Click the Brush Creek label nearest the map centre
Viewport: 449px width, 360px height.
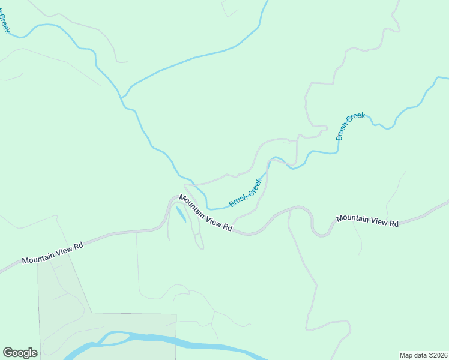point(247,193)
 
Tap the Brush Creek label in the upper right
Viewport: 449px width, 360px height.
point(351,127)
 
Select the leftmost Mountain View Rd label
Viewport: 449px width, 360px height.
point(52,253)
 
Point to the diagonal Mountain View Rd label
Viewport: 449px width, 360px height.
point(205,213)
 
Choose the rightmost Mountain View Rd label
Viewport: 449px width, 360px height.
point(367,221)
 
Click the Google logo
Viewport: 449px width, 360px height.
point(20,353)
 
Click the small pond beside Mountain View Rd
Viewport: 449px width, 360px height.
point(181,215)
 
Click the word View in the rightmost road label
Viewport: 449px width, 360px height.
point(376,221)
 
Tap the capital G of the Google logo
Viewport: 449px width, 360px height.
point(8,353)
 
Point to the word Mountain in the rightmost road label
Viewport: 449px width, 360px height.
point(352,218)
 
